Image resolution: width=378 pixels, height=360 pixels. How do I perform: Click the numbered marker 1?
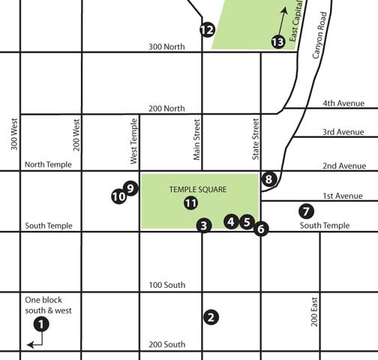click(42, 324)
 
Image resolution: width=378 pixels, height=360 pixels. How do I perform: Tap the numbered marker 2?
click(211, 317)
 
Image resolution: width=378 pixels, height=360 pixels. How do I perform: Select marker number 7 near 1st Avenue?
click(305, 211)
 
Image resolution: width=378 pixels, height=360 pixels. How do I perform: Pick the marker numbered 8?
click(269, 179)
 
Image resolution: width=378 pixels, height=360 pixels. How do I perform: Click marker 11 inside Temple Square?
click(190, 202)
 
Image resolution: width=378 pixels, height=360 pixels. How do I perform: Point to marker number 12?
click(208, 30)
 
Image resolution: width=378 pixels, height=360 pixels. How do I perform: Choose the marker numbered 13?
click(277, 41)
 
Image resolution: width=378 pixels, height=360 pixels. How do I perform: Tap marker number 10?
click(118, 196)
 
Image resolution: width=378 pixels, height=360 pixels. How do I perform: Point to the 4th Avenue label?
click(343, 103)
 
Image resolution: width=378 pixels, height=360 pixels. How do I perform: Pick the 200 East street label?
click(315, 310)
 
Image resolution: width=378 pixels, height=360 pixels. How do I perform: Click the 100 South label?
click(166, 285)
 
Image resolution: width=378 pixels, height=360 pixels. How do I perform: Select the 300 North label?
click(166, 46)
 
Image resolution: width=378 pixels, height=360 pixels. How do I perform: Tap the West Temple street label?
click(134, 140)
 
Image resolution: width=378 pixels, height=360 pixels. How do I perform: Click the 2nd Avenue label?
click(343, 166)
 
